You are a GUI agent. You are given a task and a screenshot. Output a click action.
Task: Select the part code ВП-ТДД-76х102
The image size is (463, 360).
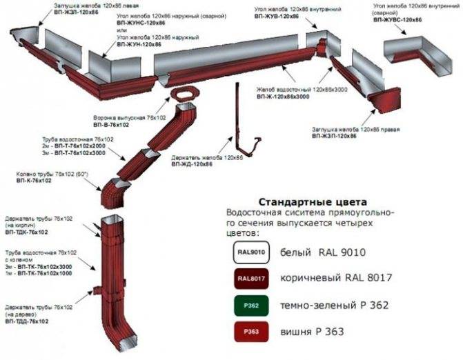(x=27, y=321)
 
